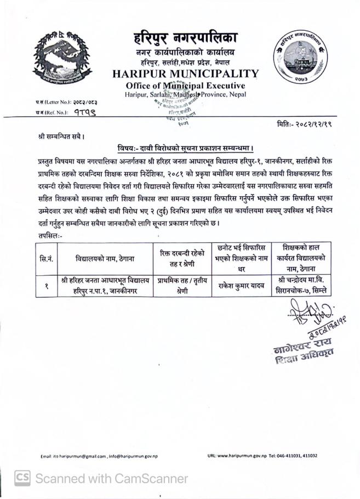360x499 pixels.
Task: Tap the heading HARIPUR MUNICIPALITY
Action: coord(185,73)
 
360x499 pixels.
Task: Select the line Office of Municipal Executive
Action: coord(185,86)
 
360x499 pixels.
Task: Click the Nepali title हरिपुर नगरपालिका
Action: coord(186,39)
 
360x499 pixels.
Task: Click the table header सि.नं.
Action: coord(47,258)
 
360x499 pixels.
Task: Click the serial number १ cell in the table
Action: coord(47,285)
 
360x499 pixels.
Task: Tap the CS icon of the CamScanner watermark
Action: coord(22,478)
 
